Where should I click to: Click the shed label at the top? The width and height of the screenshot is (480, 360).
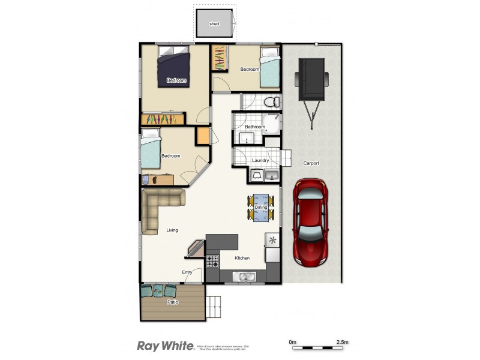(x=214, y=24)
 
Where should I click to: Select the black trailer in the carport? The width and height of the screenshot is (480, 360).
(x=311, y=80)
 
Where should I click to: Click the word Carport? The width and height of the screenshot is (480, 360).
(x=311, y=163)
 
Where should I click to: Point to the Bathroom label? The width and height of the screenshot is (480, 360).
(x=255, y=127)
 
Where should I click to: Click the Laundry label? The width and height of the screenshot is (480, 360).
(x=260, y=160)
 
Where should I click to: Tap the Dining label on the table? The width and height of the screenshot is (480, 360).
(x=261, y=208)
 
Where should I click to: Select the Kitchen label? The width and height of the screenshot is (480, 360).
(x=242, y=258)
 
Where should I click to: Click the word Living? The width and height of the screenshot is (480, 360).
(x=172, y=230)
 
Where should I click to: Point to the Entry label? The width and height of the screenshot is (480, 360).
(x=187, y=272)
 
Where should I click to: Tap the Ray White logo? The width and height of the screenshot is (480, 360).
(x=165, y=346)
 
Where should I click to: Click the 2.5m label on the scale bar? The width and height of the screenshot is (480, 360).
(x=343, y=341)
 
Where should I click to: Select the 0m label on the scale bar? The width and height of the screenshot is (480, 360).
(x=293, y=341)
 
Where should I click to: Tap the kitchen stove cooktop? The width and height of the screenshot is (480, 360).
(x=213, y=261)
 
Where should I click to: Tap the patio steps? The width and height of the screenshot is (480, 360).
(x=214, y=307)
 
